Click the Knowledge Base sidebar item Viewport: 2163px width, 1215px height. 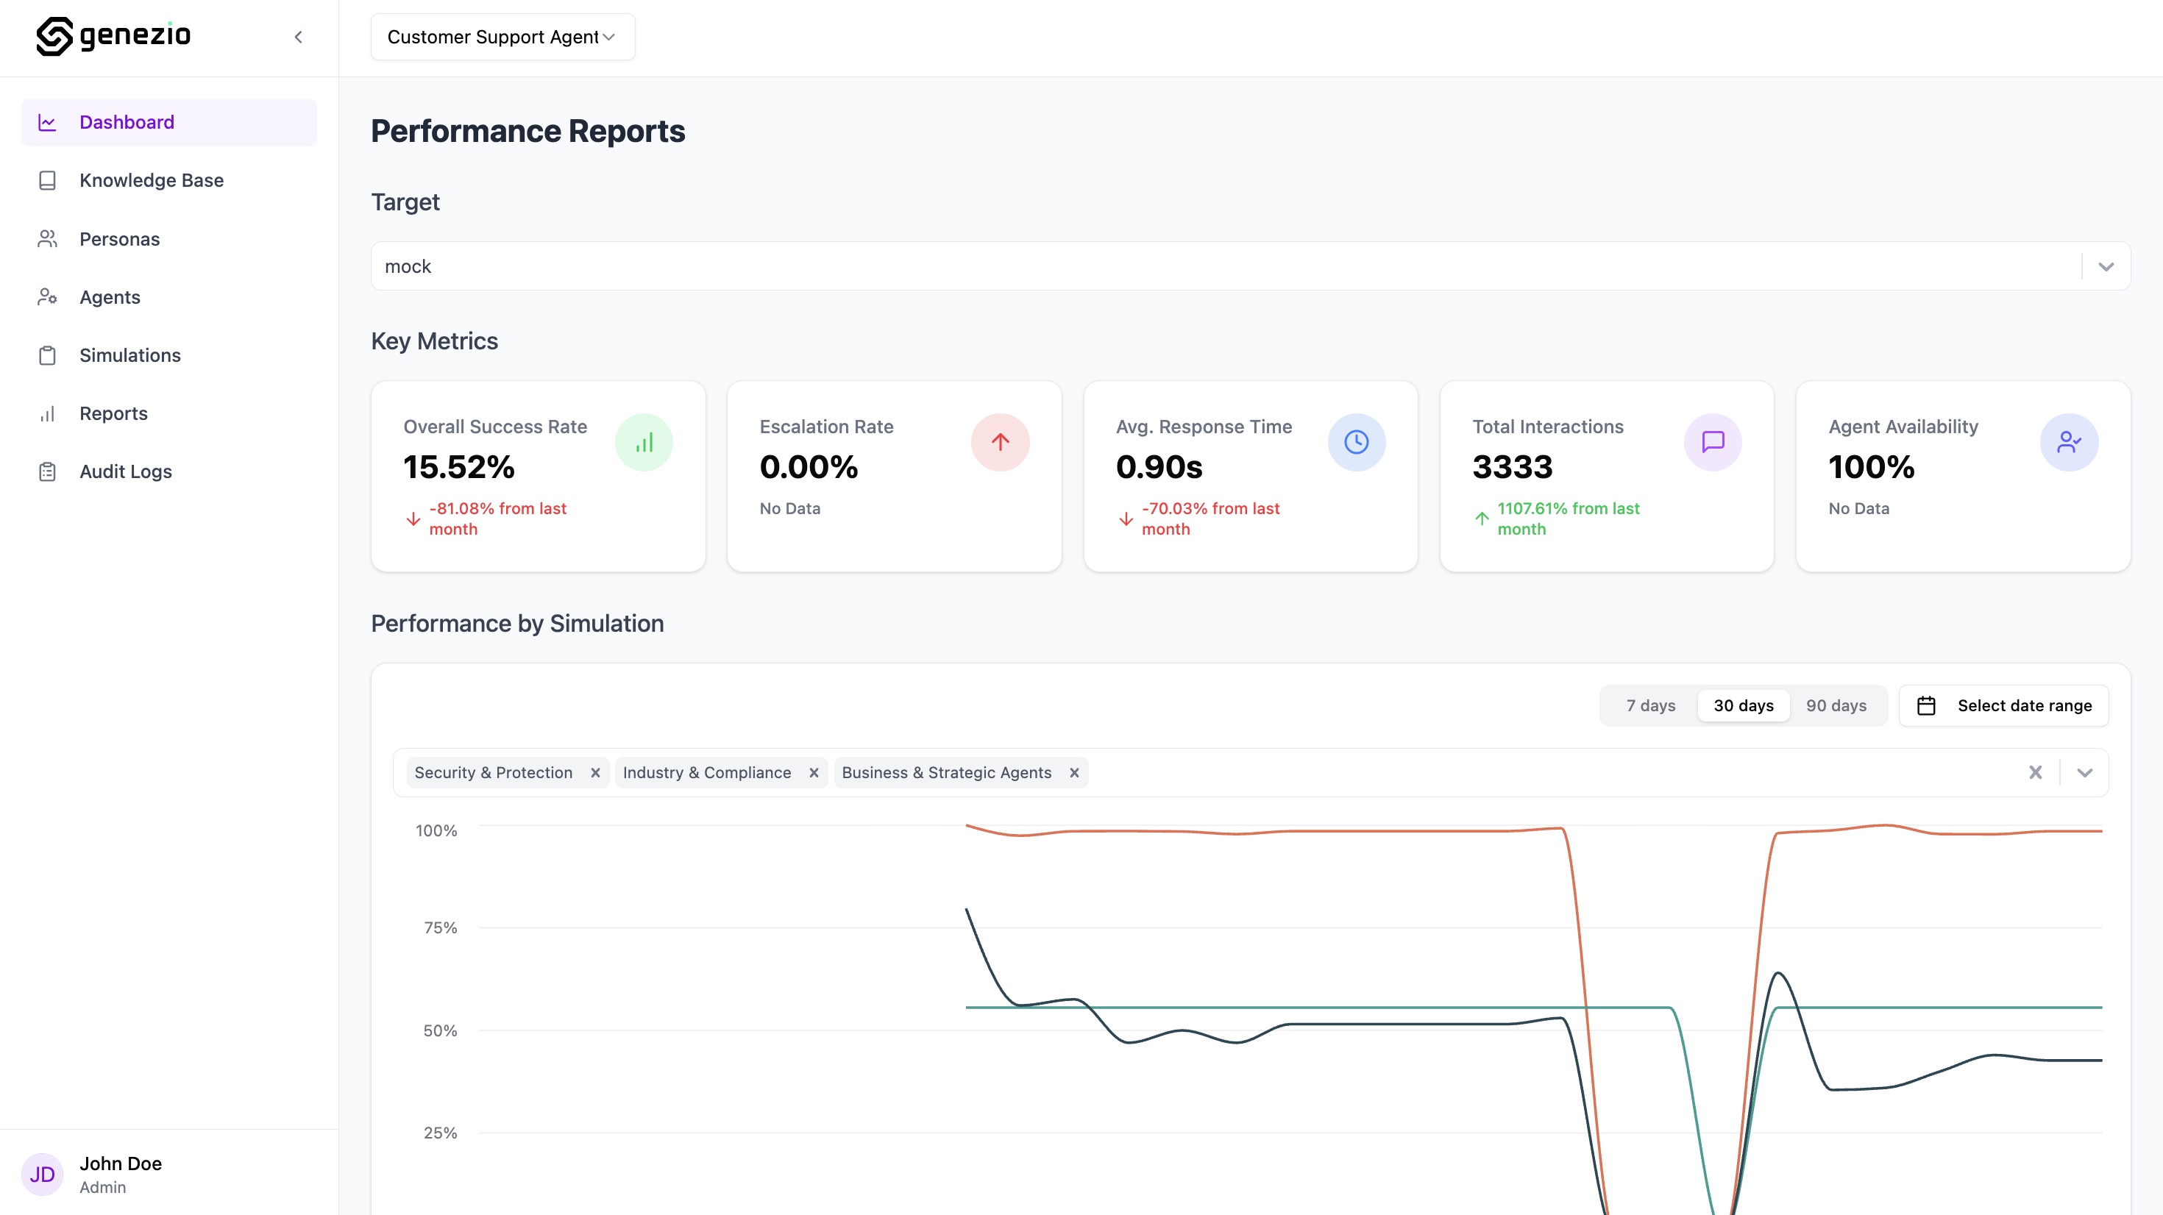pos(151,180)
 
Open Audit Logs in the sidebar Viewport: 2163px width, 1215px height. pos(125,472)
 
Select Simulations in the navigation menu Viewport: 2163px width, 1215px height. pos(129,355)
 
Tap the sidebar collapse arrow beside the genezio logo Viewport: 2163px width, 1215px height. pos(298,37)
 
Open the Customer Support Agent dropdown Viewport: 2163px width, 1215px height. pos(502,37)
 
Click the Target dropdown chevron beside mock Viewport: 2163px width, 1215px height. pos(2105,267)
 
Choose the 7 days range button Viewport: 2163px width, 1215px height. pos(1650,706)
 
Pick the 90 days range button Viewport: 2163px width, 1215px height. pos(1836,706)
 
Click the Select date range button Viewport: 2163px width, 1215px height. pos(2003,706)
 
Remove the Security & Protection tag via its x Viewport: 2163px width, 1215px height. pos(595,773)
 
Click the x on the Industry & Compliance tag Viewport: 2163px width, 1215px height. pos(814,773)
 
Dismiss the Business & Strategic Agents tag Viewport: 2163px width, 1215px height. pos(1074,773)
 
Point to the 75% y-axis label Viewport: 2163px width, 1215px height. pos(440,928)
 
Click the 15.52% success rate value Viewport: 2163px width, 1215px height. pos(458,467)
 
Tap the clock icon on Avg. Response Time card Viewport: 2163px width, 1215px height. pos(1356,443)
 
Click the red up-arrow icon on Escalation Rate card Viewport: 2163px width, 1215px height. pos(1000,443)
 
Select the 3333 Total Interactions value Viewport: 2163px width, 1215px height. pos(1512,467)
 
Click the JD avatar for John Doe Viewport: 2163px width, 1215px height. pos(42,1174)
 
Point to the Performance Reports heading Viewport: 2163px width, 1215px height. pos(528,131)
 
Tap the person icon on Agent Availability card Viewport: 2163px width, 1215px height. pos(2069,443)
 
